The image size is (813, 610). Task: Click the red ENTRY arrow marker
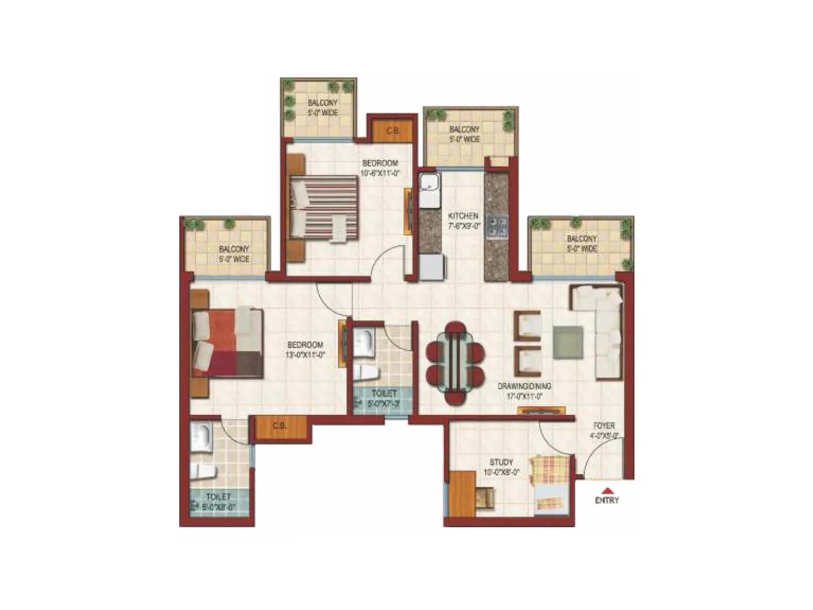[x=607, y=491]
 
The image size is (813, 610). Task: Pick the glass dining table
[x=455, y=363]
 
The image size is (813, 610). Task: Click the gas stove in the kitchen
[x=496, y=227]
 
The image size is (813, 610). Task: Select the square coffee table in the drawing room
[x=568, y=342]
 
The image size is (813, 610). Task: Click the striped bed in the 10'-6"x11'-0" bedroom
[x=324, y=207]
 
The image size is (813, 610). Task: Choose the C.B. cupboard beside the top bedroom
[x=392, y=131]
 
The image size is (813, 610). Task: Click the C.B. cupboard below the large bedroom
[x=279, y=427]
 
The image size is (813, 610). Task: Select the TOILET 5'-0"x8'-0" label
[x=218, y=501]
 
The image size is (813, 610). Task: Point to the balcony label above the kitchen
[x=464, y=134]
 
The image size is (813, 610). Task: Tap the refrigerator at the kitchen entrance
[x=431, y=267]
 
